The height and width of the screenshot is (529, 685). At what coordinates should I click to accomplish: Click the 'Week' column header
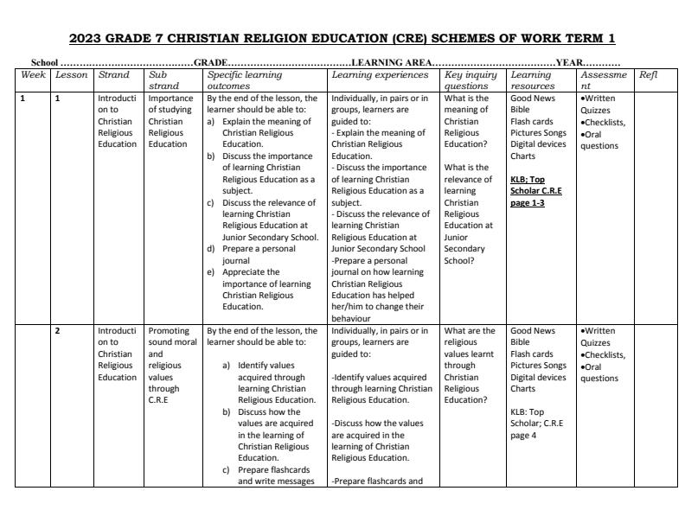(33, 75)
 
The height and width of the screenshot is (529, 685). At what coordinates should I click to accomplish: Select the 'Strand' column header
(114, 75)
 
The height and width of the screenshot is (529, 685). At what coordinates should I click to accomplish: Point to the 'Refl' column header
(648, 75)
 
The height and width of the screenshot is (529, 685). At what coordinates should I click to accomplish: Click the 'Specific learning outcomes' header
(245, 80)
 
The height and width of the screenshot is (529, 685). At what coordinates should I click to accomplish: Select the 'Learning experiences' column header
(380, 75)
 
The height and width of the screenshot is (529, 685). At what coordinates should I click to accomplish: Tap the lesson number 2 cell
(58, 330)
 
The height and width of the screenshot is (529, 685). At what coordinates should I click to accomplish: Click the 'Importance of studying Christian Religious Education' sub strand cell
(166, 121)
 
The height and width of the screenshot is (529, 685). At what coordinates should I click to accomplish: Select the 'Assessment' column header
(597, 80)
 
